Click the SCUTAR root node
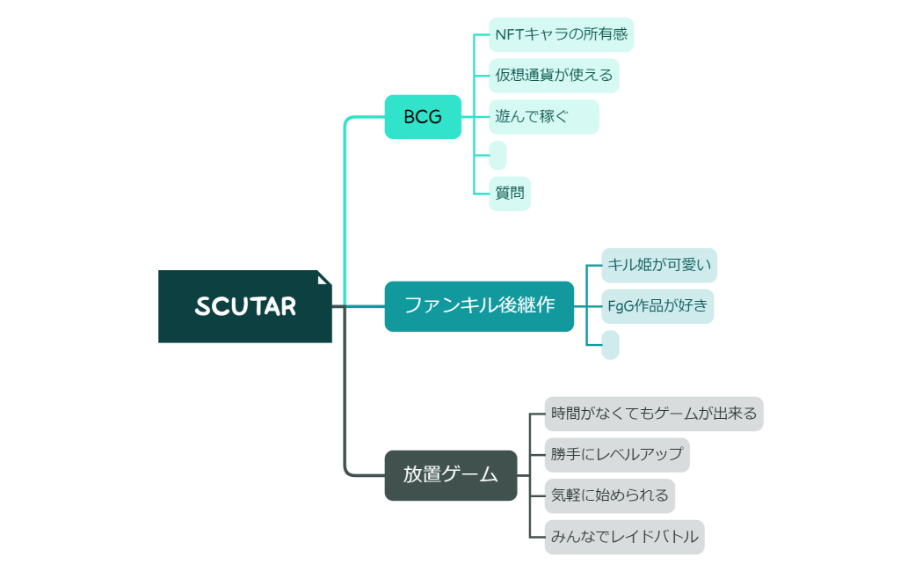coord(244,306)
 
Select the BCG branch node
coord(423,117)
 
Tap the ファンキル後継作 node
coord(479,305)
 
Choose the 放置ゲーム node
coord(450,475)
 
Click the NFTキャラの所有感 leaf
coord(561,35)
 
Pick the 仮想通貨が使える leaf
coord(554,76)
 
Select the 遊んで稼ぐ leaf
coord(543,117)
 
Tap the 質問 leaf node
coord(509,194)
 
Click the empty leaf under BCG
coord(497,155)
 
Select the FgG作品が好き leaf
coord(657,306)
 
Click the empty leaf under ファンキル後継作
coord(610,345)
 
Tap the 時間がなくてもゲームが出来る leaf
coord(653,414)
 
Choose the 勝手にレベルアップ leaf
coord(616,455)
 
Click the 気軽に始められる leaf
coord(609,495)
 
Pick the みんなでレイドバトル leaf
coord(624,537)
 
